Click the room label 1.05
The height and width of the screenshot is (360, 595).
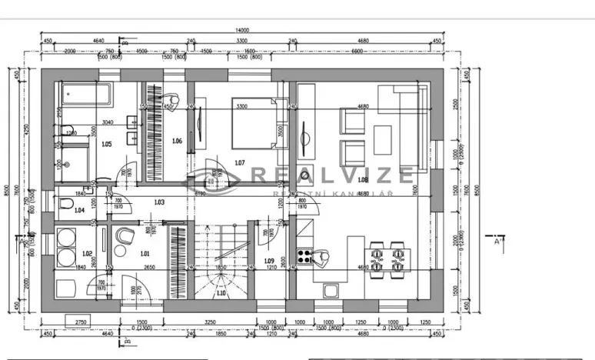point(106,144)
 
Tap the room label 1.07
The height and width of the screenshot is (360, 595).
point(239,162)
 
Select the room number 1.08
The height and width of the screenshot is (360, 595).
point(364,180)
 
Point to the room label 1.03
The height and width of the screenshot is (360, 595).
point(159,202)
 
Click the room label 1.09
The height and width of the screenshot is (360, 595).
point(268,261)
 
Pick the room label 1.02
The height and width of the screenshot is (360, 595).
point(87,253)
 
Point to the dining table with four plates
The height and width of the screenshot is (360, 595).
point(387,258)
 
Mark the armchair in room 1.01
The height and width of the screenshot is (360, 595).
point(123,235)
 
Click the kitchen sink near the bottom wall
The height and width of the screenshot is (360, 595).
point(331,290)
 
